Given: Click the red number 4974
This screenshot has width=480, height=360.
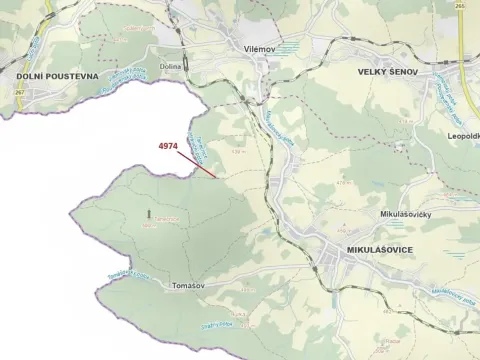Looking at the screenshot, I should [168, 146].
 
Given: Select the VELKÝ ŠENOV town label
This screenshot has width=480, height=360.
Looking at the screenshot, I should [393, 72].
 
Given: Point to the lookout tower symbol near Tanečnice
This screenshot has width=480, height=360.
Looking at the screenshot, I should [150, 213].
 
